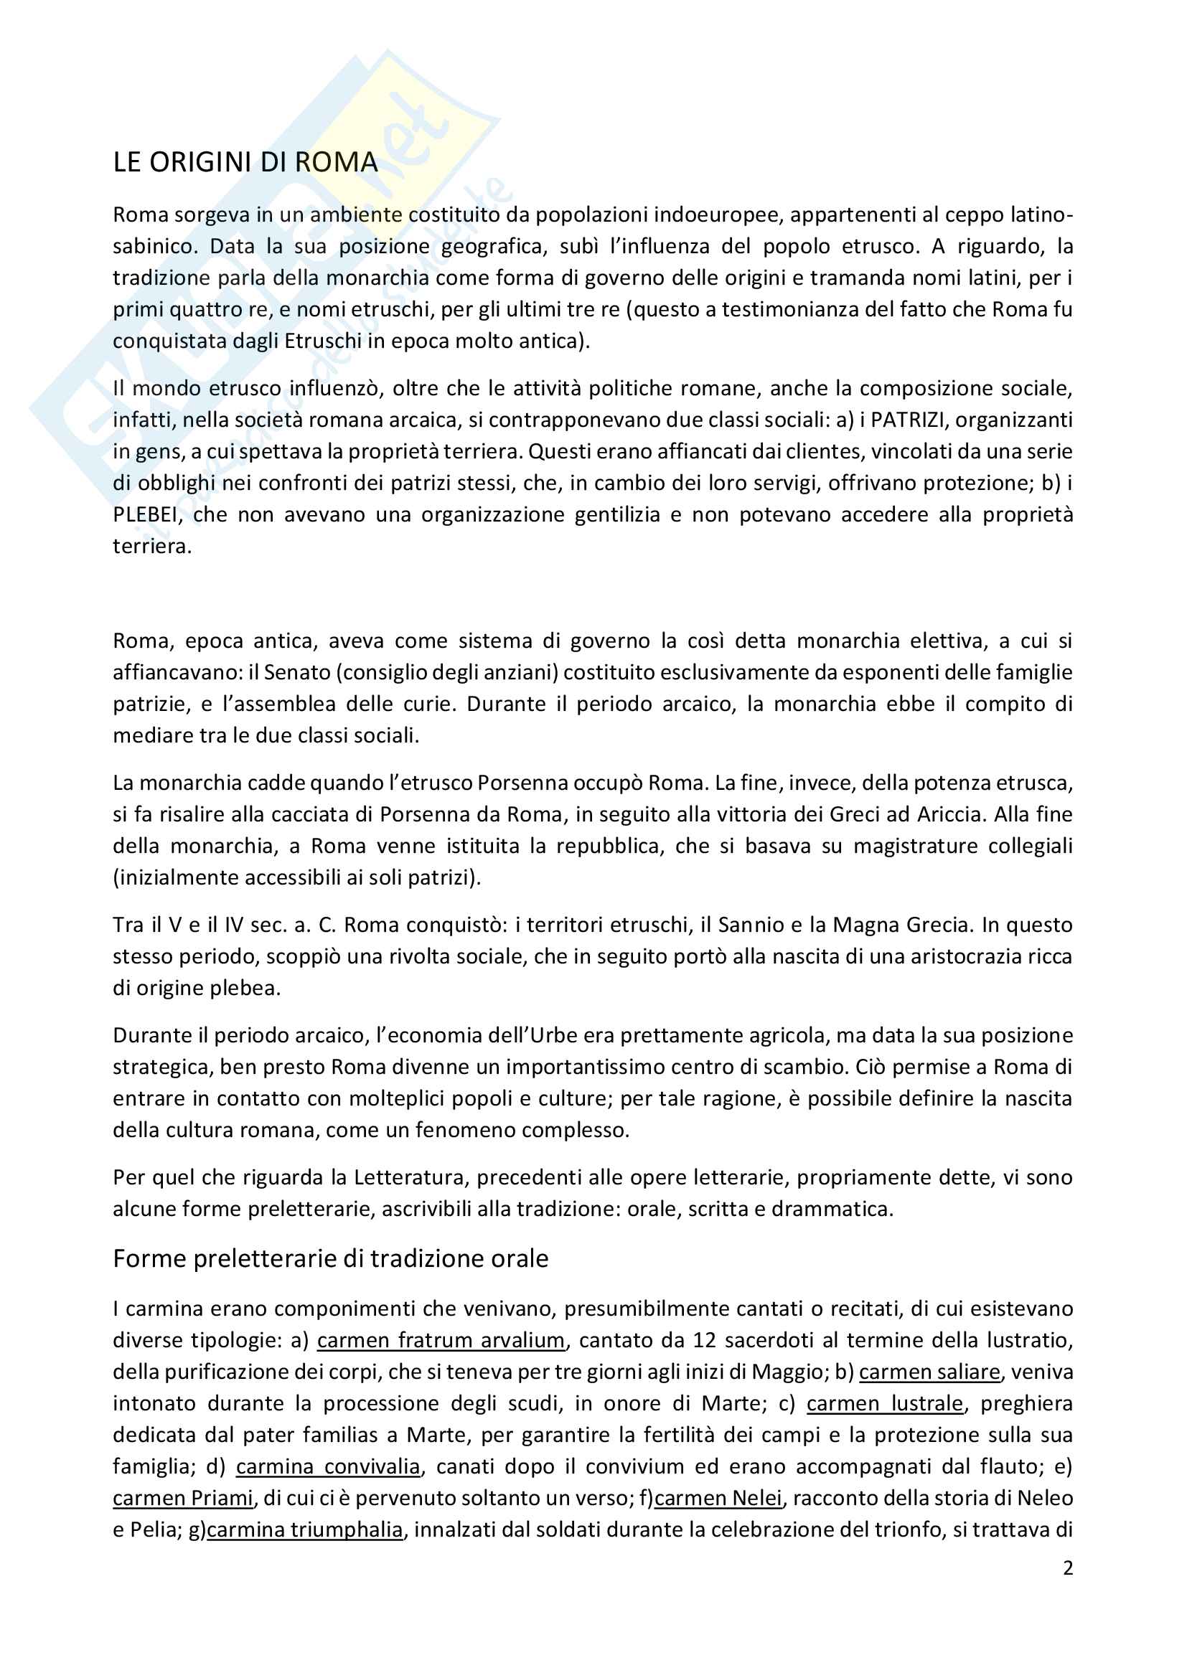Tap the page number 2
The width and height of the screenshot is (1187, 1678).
(x=1068, y=1568)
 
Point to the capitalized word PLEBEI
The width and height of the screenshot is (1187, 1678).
(x=145, y=515)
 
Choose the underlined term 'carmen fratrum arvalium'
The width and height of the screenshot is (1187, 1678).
(x=441, y=1340)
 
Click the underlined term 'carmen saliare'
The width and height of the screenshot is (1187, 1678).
(x=929, y=1372)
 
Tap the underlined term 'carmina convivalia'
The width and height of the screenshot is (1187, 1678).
(x=328, y=1467)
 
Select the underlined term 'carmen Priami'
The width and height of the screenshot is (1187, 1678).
(x=183, y=1498)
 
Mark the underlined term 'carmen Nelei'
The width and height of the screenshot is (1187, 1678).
(x=718, y=1498)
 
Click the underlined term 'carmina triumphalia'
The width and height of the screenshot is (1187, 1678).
(x=305, y=1529)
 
